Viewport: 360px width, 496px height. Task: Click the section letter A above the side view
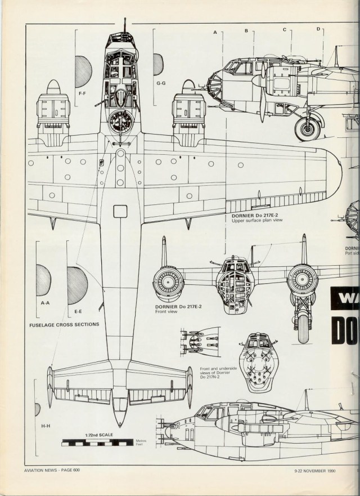coord(215,33)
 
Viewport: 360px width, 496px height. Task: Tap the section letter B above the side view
coord(246,31)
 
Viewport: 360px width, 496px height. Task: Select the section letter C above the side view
coord(284,29)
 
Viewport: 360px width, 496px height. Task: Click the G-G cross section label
coord(161,83)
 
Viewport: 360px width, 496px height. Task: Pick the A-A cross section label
coord(44,303)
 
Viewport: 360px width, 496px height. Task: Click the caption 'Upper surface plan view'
coord(256,221)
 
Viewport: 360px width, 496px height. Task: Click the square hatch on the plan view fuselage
coord(120,211)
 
